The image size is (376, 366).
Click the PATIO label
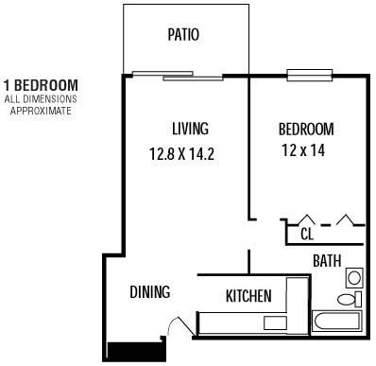(x=182, y=36)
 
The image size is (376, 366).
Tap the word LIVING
(x=190, y=129)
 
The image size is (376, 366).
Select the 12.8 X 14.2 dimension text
(x=181, y=153)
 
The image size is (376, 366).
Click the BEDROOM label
(x=305, y=129)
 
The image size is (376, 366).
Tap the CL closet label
(x=306, y=233)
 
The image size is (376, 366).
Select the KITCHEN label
(x=248, y=296)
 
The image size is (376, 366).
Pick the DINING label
(x=150, y=291)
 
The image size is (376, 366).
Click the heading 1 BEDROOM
(x=40, y=85)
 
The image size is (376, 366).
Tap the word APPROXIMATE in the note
(x=40, y=110)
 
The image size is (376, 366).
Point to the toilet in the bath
(x=349, y=299)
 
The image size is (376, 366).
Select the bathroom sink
(x=353, y=277)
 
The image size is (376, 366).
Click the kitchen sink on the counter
(x=275, y=322)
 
